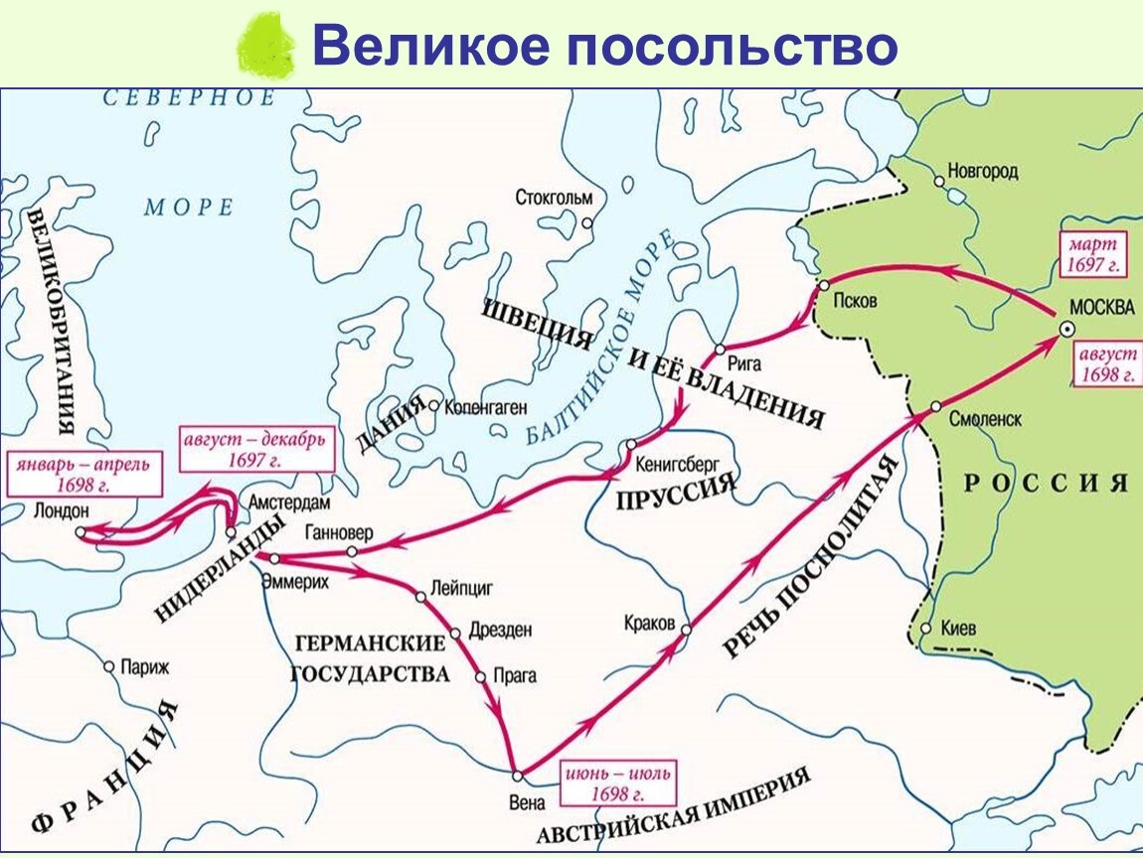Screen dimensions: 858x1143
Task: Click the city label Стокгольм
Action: pyautogui.click(x=554, y=198)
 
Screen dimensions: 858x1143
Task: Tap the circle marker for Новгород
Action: pyautogui.click(x=939, y=181)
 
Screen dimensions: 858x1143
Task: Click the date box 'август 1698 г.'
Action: pyautogui.click(x=1105, y=364)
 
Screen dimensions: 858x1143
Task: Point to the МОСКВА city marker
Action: pyautogui.click(x=1065, y=330)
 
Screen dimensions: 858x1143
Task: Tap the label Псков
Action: pyautogui.click(x=856, y=301)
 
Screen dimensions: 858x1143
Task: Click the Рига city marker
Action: pyautogui.click(x=722, y=351)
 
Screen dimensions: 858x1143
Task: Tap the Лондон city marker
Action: pyautogui.click(x=80, y=532)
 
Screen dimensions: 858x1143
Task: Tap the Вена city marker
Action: pyautogui.click(x=517, y=775)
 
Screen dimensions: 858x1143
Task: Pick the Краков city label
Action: pyautogui.click(x=649, y=623)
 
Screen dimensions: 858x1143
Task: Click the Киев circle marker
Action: pyautogui.click(x=925, y=629)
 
